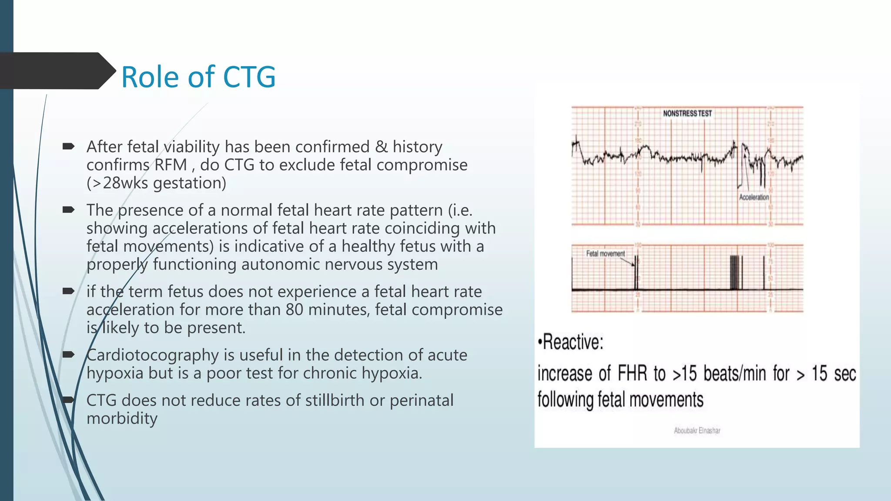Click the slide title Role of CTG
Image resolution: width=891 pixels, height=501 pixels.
pyautogui.click(x=198, y=77)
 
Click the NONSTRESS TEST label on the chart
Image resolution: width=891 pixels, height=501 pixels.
pyautogui.click(x=687, y=114)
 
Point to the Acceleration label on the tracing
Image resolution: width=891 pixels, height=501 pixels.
pyautogui.click(x=754, y=197)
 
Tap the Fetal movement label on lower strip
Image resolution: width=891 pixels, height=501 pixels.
pyautogui.click(x=605, y=254)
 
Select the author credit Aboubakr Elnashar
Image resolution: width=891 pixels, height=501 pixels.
pyautogui.click(x=697, y=431)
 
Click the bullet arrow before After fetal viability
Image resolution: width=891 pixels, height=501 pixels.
pyautogui.click(x=68, y=147)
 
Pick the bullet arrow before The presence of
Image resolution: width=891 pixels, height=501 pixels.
pyautogui.click(x=68, y=210)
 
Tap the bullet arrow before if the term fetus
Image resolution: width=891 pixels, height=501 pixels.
pyautogui.click(x=68, y=291)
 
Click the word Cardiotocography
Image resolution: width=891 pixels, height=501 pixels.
pyautogui.click(x=152, y=355)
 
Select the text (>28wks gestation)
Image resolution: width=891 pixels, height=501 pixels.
pyautogui.click(x=156, y=183)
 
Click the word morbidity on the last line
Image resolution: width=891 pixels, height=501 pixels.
pyautogui.click(x=122, y=419)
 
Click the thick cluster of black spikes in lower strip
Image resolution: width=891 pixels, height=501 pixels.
pyautogui.click(x=735, y=273)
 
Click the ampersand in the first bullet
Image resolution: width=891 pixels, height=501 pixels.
pyautogui.click(x=381, y=147)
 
